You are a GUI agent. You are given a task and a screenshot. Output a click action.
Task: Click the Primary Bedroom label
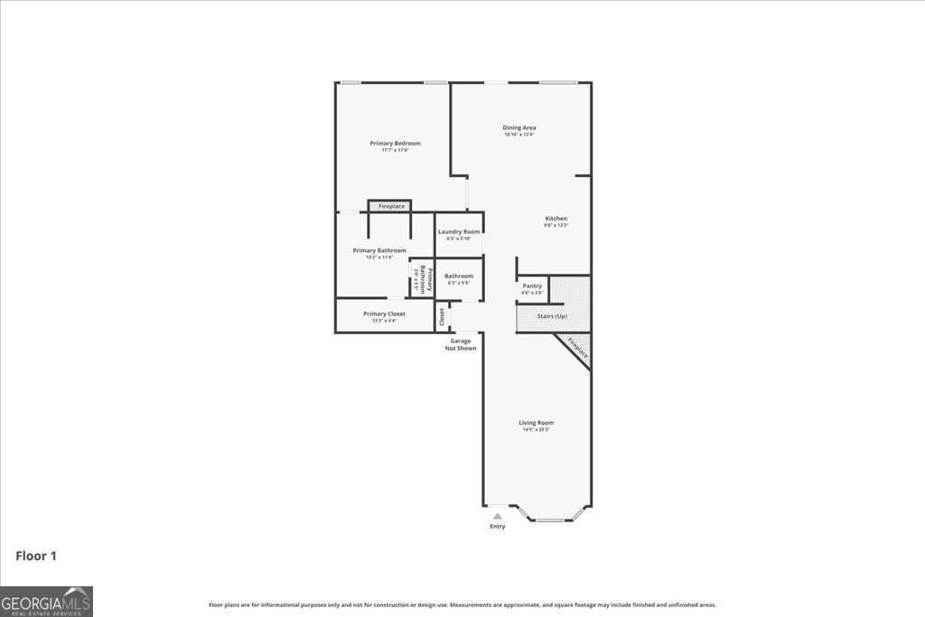tap(395, 144)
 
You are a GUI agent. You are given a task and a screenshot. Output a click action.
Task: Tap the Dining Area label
tap(519, 128)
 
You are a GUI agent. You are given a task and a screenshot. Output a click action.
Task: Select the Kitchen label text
tap(556, 220)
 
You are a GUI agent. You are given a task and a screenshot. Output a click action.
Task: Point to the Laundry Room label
tap(459, 232)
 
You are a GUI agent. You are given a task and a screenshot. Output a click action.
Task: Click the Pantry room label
tap(532, 286)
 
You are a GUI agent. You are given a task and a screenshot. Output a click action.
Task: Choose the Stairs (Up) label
tap(552, 317)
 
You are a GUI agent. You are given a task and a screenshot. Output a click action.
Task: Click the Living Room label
tap(536, 423)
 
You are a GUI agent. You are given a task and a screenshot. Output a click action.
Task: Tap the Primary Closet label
tap(384, 314)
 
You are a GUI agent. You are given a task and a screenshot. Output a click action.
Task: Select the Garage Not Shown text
tap(461, 344)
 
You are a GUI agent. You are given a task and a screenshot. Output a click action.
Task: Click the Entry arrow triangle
tap(497, 517)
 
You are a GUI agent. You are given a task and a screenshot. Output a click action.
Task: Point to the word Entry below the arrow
tap(498, 527)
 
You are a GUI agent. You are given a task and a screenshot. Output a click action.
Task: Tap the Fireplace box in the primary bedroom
tap(391, 207)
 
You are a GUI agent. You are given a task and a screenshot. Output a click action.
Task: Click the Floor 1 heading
tap(36, 556)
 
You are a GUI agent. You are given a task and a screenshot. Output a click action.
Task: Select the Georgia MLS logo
tap(46, 602)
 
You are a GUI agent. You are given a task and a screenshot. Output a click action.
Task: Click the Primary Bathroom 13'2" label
tap(379, 251)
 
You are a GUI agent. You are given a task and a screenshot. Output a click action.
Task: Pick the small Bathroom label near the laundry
tap(459, 276)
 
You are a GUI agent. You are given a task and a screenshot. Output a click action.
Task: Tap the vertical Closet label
tap(442, 317)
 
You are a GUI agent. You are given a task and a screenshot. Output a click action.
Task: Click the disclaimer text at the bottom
tap(462, 605)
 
